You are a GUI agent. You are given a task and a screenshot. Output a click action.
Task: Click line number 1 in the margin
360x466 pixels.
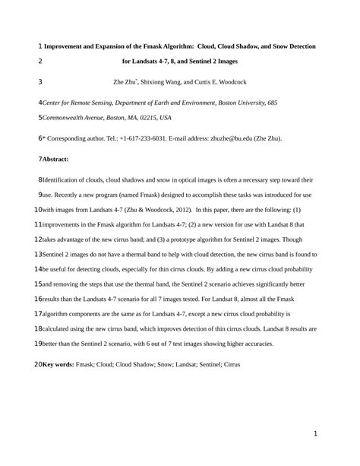pos(39,46)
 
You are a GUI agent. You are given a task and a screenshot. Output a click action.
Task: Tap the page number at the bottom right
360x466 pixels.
pos(314,433)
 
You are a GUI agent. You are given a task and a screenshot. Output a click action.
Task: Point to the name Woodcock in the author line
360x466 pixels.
pos(230,82)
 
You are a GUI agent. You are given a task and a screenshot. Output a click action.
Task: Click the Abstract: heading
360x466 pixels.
pos(56,159)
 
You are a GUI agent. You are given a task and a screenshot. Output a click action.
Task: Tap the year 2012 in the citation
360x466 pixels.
pos(176,208)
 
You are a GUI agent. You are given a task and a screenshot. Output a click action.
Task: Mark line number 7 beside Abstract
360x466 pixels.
pos(39,159)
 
